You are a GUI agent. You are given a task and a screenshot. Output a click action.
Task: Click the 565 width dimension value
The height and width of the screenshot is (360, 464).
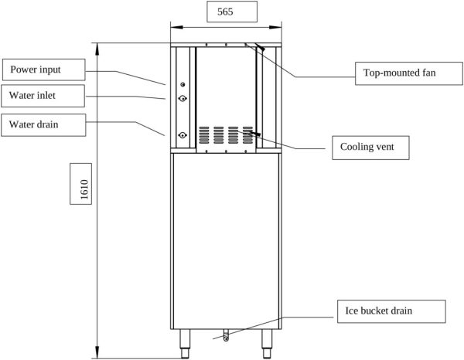(225, 12)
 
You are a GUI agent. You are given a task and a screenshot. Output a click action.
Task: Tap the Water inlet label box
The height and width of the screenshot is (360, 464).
(43, 96)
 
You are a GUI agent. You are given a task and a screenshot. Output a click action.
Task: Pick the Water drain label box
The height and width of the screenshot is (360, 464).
(43, 123)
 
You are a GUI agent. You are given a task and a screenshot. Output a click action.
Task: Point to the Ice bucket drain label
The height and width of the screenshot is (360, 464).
(391, 311)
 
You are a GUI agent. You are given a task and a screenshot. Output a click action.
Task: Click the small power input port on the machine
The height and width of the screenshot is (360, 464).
(182, 84)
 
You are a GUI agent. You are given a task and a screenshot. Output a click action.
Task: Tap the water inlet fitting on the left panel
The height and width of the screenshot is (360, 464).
(182, 98)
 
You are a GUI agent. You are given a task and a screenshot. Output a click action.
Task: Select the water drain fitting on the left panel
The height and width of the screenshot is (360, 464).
(182, 134)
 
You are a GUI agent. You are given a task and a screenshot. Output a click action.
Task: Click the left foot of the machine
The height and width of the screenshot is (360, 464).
(186, 341)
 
